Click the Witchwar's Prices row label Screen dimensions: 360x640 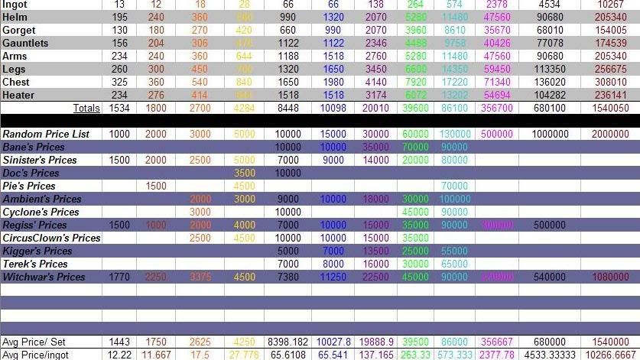tap(44, 277)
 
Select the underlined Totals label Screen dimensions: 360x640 tap(86, 109)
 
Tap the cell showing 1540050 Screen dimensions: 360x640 tap(610, 109)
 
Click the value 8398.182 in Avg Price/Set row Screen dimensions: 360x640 tap(288, 342)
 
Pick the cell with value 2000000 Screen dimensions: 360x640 tap(611, 134)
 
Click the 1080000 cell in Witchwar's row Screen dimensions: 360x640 tap(611, 277)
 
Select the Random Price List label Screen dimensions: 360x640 tap(46, 134)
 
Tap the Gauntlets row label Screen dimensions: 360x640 tap(25, 43)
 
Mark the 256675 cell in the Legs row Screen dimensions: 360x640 tap(611, 69)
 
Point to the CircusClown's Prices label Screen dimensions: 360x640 tap(52, 238)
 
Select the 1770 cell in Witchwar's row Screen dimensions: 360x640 tap(119, 277)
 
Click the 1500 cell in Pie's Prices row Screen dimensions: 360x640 tap(156, 186)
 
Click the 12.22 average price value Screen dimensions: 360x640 tap(119, 355)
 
